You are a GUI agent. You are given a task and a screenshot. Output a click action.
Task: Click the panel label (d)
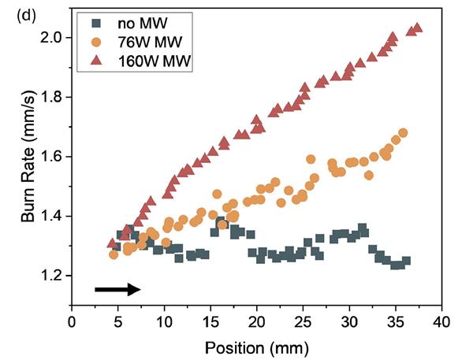coord(13,13)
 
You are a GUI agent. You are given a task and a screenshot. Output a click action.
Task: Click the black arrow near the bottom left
coord(117,290)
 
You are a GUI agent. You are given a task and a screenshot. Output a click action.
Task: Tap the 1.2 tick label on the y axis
coord(54,276)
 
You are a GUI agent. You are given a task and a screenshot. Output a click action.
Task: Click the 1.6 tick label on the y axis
coord(54,157)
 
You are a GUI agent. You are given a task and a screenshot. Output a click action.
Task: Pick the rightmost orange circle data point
coord(403,132)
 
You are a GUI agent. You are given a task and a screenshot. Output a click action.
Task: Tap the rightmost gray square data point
coord(406,261)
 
